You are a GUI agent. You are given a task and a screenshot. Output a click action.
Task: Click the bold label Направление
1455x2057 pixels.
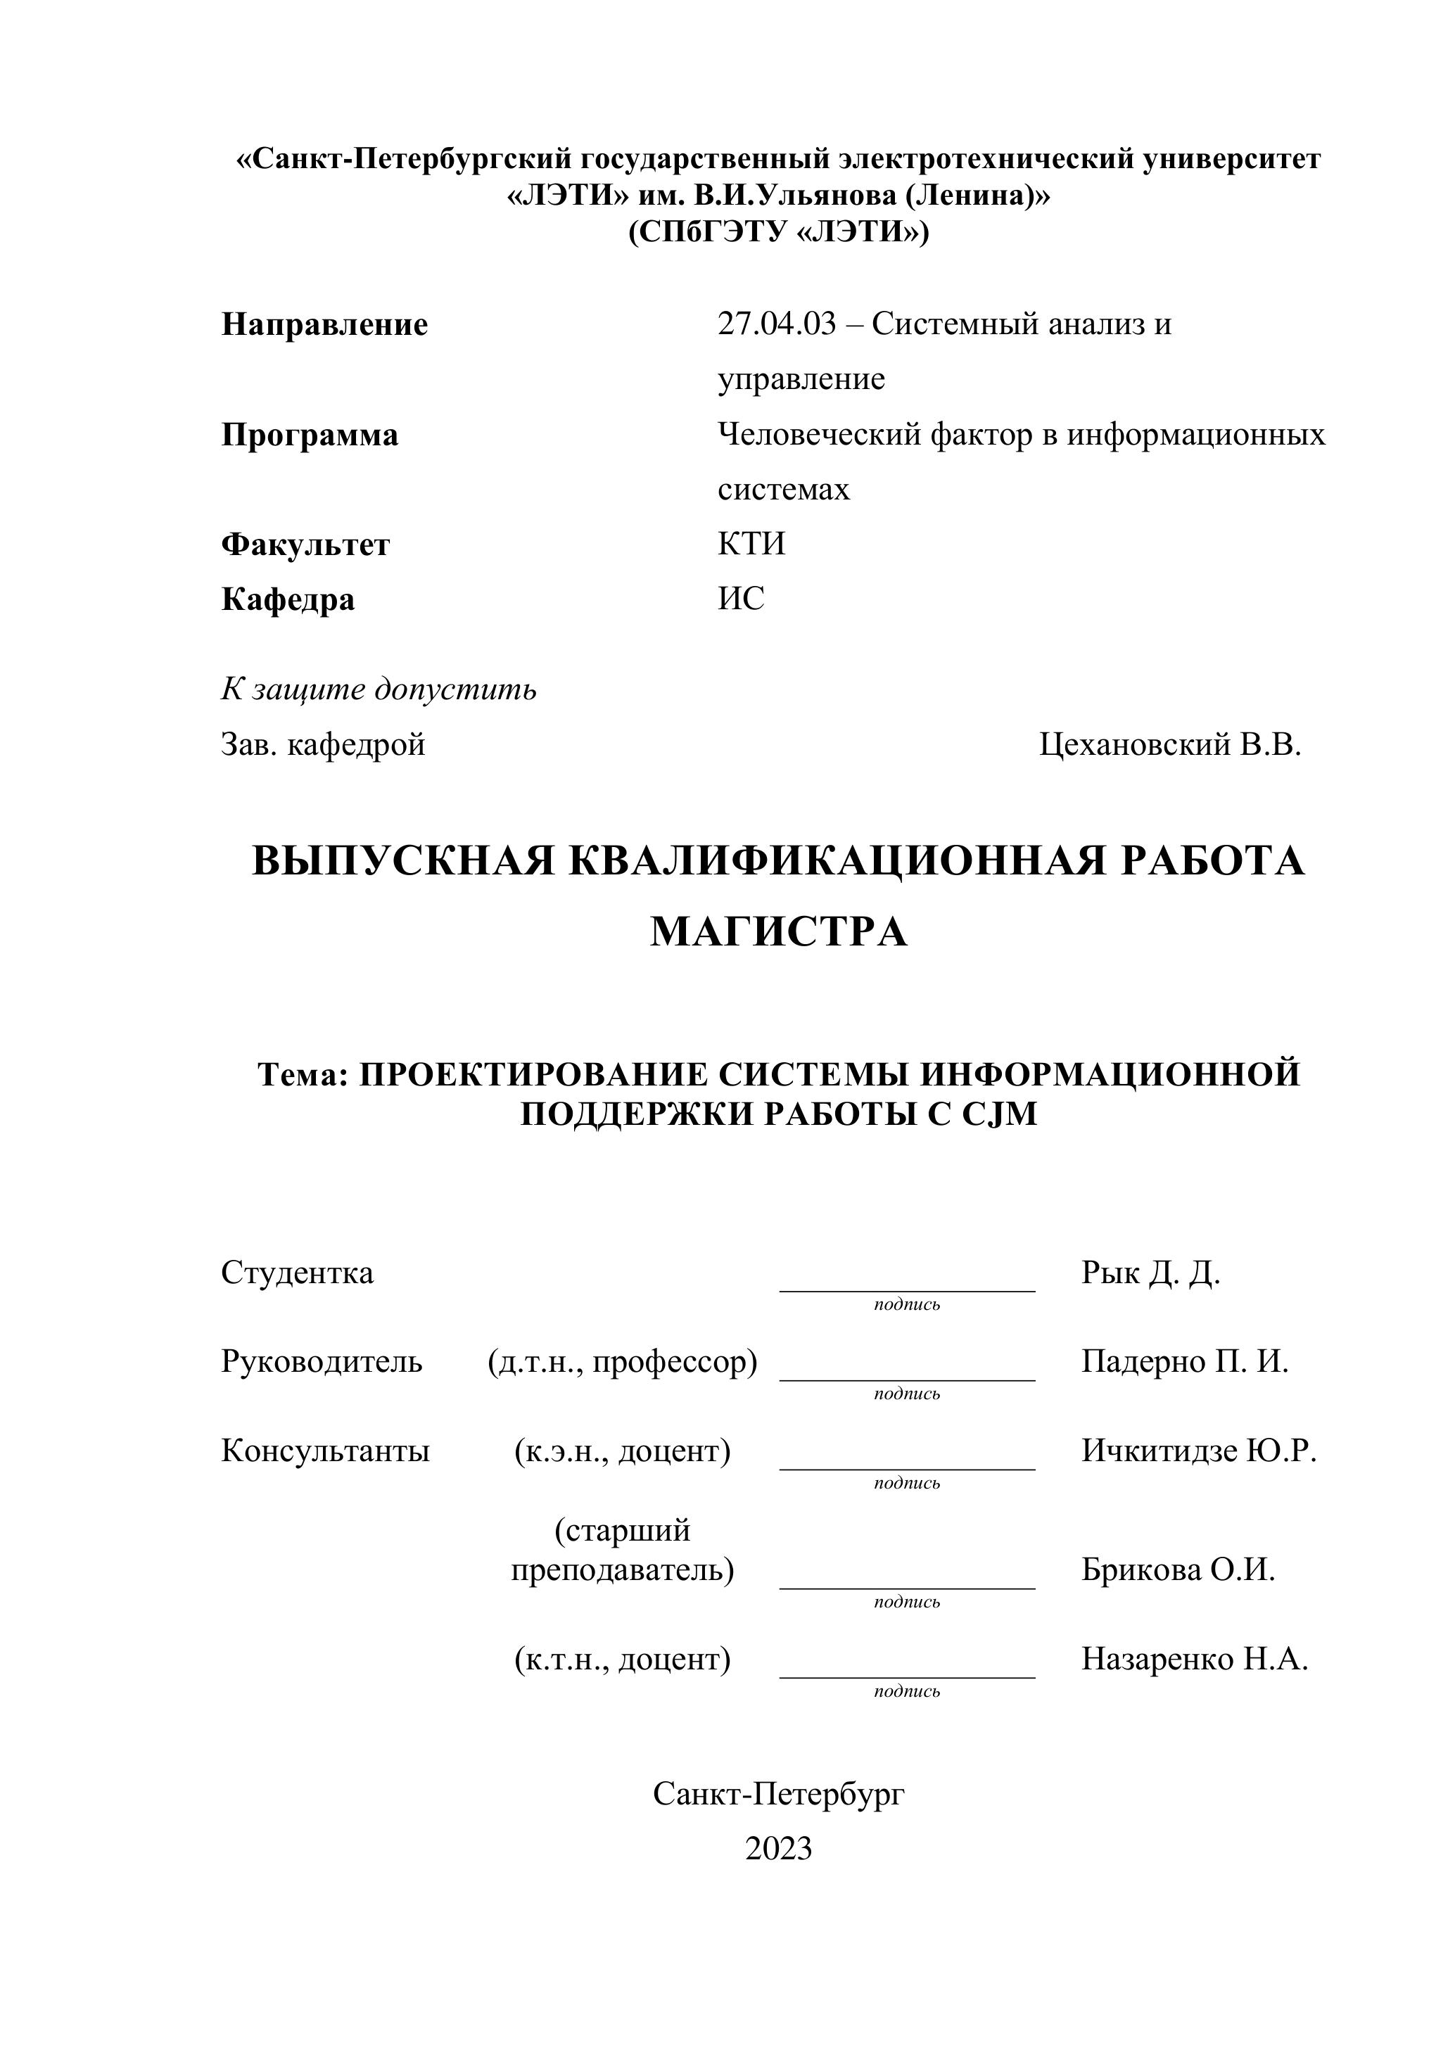324,324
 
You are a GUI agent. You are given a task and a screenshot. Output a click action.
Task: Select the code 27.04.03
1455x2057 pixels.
776,324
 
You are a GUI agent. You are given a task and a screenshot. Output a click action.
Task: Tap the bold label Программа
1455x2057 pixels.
310,435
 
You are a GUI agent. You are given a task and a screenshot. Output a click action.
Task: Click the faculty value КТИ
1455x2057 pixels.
751,544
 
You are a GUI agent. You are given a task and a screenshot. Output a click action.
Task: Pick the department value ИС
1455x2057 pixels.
741,599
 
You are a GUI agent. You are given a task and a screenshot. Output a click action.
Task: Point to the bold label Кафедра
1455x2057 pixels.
288,599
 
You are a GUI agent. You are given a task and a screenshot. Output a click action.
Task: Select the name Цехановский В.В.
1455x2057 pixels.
1169,744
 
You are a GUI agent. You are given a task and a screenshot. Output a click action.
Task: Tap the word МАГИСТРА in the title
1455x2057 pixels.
779,931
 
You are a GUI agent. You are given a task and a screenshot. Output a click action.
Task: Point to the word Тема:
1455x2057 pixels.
302,1074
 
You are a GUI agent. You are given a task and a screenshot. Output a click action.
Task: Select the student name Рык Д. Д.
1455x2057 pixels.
1150,1272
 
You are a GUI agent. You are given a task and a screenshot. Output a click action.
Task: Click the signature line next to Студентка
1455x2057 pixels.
907,1289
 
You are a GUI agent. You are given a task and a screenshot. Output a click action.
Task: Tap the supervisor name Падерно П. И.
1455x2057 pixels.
1184,1362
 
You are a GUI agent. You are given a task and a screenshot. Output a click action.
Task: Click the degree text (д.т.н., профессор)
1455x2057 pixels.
623,1362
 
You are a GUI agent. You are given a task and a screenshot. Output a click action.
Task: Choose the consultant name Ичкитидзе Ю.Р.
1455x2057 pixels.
1199,1451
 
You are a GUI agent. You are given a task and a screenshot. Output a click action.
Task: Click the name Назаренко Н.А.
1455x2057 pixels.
1194,1660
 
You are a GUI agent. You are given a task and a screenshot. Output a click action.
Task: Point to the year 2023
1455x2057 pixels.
779,1848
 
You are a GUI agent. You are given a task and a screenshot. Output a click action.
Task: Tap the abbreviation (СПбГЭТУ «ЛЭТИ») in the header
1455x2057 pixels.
779,232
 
